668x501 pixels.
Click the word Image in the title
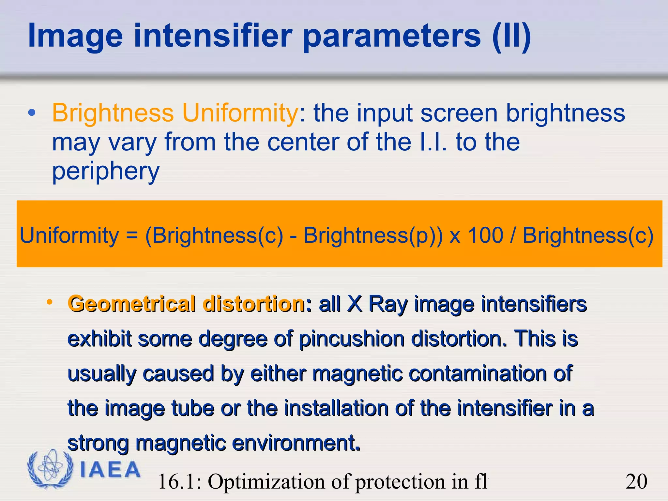tap(75, 37)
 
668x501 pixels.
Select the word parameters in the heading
tap(391, 37)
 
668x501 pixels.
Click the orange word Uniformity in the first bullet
tap(240, 113)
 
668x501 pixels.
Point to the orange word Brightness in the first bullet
tap(113, 113)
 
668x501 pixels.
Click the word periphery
tap(106, 172)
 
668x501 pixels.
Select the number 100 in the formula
tap(486, 235)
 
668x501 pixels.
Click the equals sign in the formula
tap(132, 236)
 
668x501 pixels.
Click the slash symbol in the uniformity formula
tap(513, 235)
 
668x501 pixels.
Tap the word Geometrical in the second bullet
tap(132, 304)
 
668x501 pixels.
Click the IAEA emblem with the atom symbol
tap(50, 469)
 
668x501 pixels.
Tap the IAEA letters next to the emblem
tap(110, 470)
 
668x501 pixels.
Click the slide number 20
tap(636, 481)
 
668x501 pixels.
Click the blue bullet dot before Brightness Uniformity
tap(32, 113)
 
